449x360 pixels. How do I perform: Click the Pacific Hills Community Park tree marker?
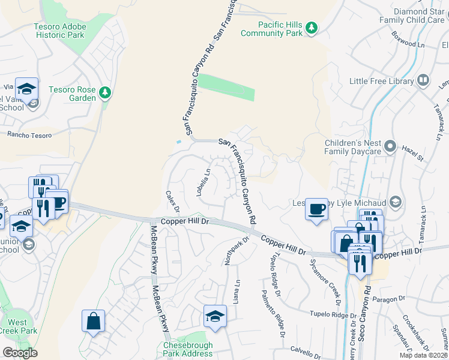[x=311, y=27]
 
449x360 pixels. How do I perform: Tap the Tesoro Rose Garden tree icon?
[x=105, y=92]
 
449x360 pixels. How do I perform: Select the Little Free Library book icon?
[x=423, y=80]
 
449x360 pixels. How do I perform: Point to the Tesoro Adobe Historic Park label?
[x=59, y=31]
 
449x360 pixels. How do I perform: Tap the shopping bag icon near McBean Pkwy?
[x=94, y=320]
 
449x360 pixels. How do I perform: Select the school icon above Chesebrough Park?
[x=215, y=316]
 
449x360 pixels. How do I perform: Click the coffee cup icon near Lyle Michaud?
[x=316, y=209]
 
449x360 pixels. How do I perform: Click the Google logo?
[x=20, y=353]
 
